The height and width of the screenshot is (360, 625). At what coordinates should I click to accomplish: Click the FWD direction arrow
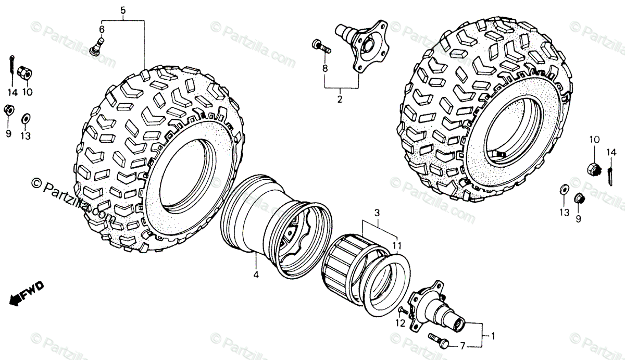pyautogui.click(x=25, y=292)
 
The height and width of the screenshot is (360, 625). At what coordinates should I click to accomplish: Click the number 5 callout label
pyautogui.click(x=122, y=10)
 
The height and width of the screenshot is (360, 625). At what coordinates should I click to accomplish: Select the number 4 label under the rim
pyautogui.click(x=256, y=275)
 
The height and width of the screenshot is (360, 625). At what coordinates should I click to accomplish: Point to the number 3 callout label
pyautogui.click(x=378, y=213)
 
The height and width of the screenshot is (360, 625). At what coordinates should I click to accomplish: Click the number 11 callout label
pyautogui.click(x=396, y=245)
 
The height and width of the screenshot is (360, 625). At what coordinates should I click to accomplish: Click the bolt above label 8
pyautogui.click(x=321, y=47)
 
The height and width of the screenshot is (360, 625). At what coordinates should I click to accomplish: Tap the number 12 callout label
pyautogui.click(x=399, y=324)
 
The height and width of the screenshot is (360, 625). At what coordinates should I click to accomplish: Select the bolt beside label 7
pyautogui.click(x=438, y=339)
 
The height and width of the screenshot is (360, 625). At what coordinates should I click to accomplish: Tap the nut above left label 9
pyautogui.click(x=8, y=110)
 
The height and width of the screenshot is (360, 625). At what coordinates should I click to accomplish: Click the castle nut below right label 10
pyautogui.click(x=593, y=168)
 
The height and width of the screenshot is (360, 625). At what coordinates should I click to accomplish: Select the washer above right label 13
pyautogui.click(x=564, y=189)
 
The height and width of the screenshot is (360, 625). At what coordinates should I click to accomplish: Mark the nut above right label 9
pyautogui.click(x=578, y=198)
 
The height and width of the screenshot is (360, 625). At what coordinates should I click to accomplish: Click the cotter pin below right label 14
pyautogui.click(x=610, y=173)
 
